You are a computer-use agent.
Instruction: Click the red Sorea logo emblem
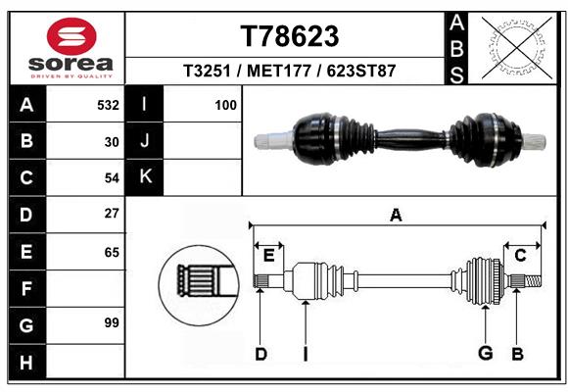click(71, 36)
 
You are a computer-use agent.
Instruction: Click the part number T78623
click(290, 36)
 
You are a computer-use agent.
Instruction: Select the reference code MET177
click(279, 71)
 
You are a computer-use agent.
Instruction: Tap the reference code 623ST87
click(360, 71)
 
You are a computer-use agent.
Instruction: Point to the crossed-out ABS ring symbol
click(517, 47)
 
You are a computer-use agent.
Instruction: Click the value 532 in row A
click(108, 105)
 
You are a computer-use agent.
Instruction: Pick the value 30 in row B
click(112, 142)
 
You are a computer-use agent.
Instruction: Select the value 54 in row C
click(112, 178)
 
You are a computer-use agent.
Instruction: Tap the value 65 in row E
click(112, 252)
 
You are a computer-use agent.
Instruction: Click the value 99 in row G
click(112, 322)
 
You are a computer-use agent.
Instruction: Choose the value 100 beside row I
click(225, 105)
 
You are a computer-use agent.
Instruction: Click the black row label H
click(27, 362)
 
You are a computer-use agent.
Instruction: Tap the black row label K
click(145, 177)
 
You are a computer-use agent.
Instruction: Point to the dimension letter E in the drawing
click(268, 256)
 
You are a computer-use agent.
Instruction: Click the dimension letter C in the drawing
click(520, 256)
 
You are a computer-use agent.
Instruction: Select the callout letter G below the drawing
click(486, 353)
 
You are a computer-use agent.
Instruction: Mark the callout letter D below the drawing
click(260, 354)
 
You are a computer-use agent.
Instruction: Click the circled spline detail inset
click(199, 285)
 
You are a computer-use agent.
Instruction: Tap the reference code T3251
click(207, 71)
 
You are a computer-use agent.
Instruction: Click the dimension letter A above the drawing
click(396, 215)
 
